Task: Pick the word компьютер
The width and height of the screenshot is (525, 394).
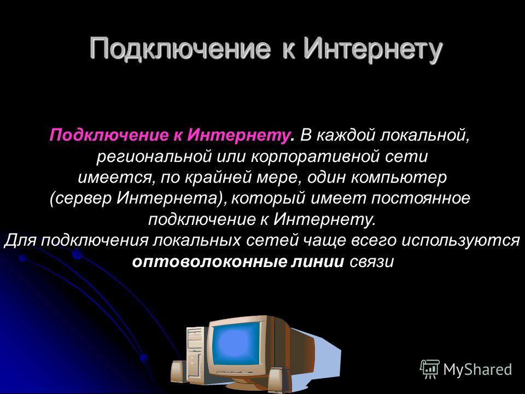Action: (399, 177)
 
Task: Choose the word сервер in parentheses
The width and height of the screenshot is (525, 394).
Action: (83, 198)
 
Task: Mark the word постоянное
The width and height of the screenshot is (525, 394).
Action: (421, 198)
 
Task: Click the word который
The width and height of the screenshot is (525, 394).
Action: (268, 199)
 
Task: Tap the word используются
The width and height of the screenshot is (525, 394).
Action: (460, 240)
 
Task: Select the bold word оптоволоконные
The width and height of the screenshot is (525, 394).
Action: (209, 262)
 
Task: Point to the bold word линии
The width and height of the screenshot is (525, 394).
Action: (317, 262)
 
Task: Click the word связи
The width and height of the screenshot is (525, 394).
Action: (371, 262)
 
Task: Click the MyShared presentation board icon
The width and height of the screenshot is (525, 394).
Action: (430, 369)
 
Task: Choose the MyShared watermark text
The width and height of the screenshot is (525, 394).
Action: (477, 369)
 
